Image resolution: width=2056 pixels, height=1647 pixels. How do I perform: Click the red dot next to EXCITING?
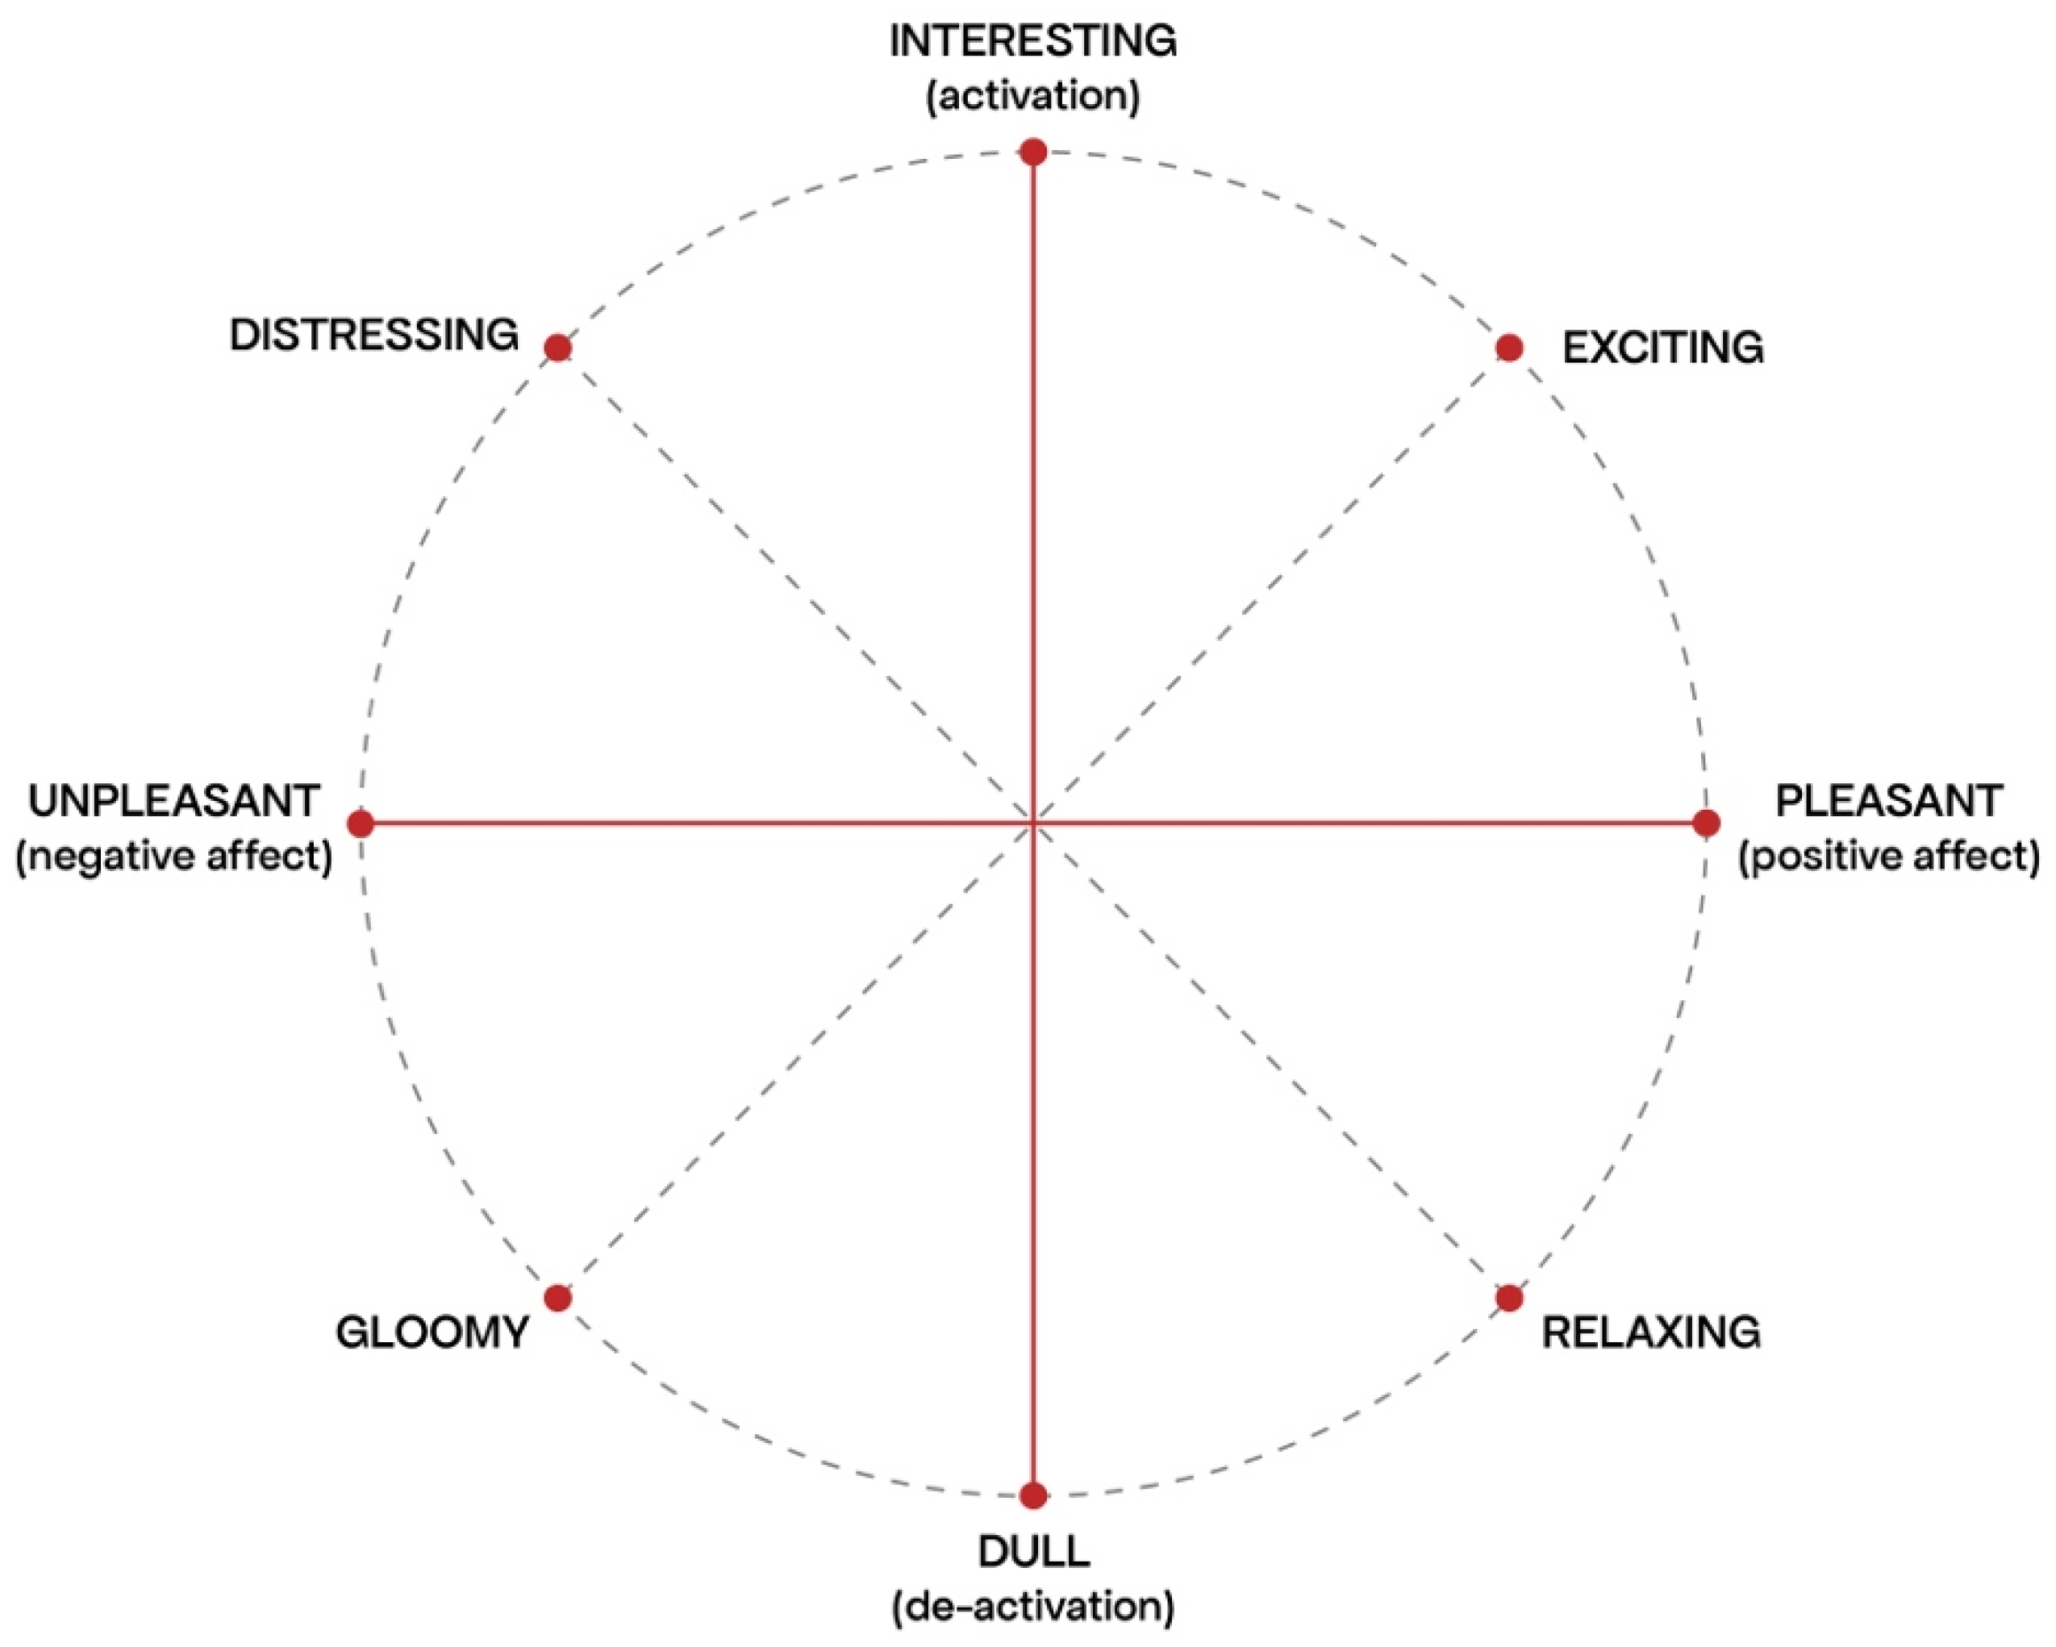click(x=1508, y=348)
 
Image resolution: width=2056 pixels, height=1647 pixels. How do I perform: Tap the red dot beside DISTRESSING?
click(x=558, y=348)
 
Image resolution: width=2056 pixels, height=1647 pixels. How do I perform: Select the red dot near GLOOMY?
click(x=558, y=1298)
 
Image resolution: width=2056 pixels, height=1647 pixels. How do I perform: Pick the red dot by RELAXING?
click(x=1508, y=1298)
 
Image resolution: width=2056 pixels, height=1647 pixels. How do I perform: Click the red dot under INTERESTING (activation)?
click(x=1032, y=152)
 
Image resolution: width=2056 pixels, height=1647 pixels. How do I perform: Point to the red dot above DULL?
click(x=1032, y=1495)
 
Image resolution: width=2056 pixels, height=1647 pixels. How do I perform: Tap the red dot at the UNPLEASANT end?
click(x=361, y=823)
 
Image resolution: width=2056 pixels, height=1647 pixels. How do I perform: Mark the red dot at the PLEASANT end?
click(x=1706, y=823)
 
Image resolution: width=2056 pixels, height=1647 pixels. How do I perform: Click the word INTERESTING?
click(x=1032, y=41)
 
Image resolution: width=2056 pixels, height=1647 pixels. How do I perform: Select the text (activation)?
click(x=1032, y=95)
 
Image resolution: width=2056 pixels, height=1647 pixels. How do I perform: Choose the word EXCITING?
click(x=1663, y=348)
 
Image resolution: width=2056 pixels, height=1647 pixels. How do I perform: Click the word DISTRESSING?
click(x=373, y=335)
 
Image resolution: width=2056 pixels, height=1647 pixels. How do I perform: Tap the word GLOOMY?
click(x=432, y=1332)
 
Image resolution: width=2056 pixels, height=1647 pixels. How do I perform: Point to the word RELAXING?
click(x=1651, y=1332)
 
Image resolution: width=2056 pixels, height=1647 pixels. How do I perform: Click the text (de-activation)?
click(x=1032, y=1607)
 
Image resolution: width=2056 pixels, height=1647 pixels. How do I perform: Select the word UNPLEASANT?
click(x=173, y=801)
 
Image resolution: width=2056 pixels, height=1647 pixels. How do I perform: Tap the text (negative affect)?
click(x=174, y=856)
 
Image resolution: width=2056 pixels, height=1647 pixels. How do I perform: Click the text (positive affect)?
click(x=1889, y=856)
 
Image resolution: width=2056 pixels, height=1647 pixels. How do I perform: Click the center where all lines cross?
click(x=1032, y=823)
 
